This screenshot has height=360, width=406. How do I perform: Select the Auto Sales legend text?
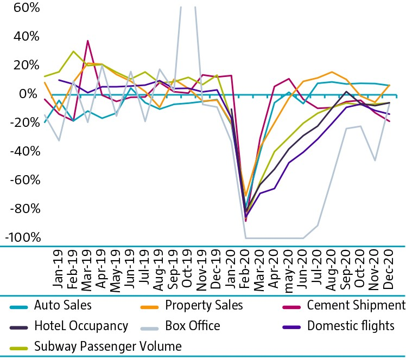(x=63, y=306)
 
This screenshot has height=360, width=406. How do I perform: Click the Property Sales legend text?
(x=204, y=306)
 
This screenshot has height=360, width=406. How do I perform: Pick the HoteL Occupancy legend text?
(x=81, y=326)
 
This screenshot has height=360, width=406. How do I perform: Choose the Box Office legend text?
(x=193, y=326)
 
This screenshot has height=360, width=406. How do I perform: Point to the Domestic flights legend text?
(x=351, y=326)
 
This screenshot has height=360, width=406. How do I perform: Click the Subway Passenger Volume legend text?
(x=107, y=346)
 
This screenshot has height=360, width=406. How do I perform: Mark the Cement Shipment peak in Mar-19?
(x=88, y=41)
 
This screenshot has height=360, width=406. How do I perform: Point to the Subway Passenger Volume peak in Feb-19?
(x=73, y=52)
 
